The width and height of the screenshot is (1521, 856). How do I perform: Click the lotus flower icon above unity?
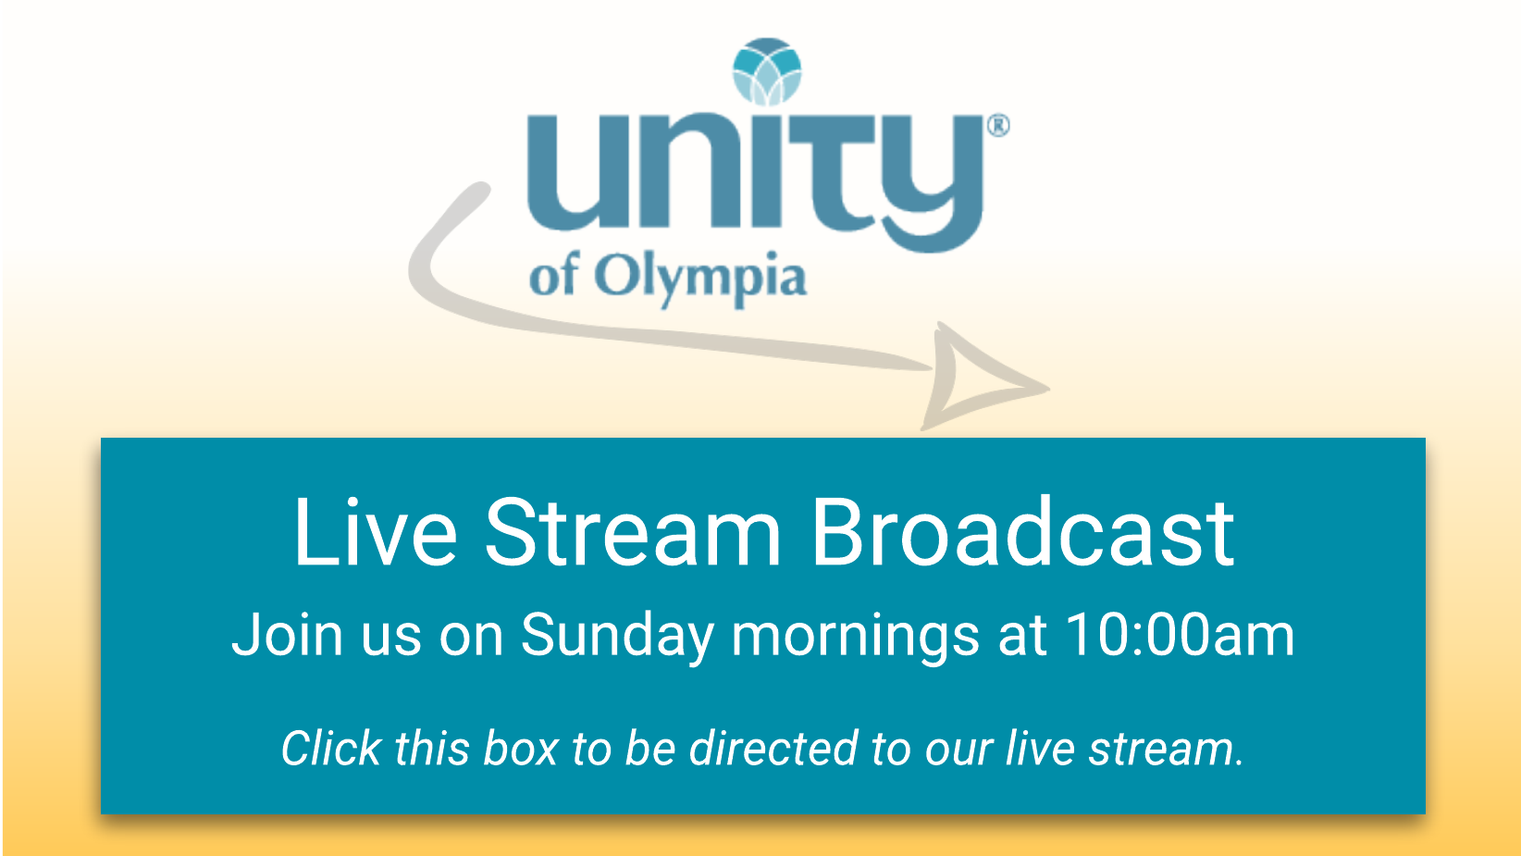(767, 71)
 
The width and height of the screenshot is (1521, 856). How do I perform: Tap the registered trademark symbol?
(998, 125)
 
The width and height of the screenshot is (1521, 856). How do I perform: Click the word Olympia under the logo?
(700, 279)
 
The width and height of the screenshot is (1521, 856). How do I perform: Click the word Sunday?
(617, 637)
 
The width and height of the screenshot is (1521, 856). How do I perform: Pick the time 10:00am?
(1180, 635)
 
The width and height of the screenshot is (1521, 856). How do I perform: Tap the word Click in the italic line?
(331, 748)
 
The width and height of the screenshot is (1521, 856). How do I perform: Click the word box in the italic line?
(521, 748)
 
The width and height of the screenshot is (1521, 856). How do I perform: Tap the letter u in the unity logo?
(566, 171)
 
